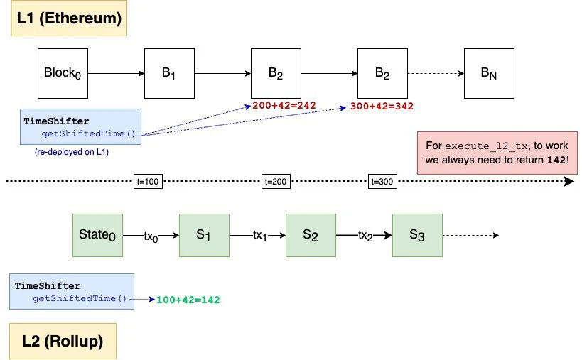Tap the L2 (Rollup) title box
click(x=63, y=341)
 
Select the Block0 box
click(x=63, y=73)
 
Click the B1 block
click(x=169, y=73)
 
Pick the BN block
click(x=489, y=73)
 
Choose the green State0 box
click(x=97, y=235)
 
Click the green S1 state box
click(x=204, y=235)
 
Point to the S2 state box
click(x=311, y=235)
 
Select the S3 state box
click(x=417, y=235)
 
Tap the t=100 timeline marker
click(x=148, y=182)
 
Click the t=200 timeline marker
click(x=276, y=182)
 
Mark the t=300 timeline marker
click(x=382, y=182)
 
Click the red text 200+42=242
click(x=284, y=106)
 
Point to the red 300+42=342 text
click(x=382, y=107)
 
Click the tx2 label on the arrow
click(x=365, y=236)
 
